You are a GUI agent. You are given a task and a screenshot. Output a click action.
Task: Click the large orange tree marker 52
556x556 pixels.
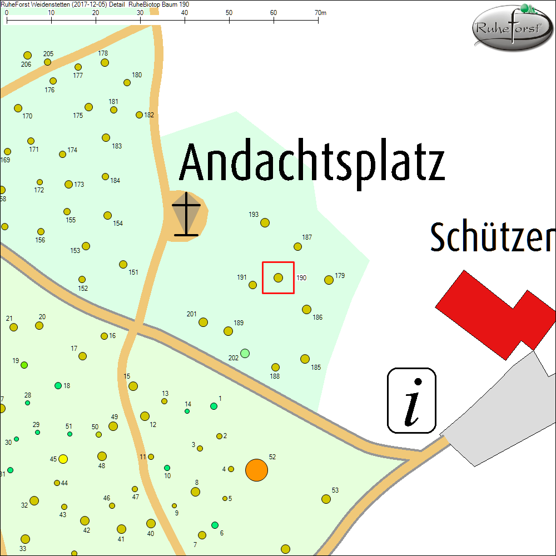(x=256, y=470)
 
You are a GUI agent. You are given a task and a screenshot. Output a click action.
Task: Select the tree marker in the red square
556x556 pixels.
(x=279, y=277)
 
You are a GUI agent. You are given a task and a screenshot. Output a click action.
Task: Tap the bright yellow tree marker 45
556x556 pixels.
(x=63, y=459)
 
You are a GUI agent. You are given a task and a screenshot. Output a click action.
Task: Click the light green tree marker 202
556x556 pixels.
(x=245, y=353)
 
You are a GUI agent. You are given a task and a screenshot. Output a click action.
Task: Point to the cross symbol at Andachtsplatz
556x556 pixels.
(x=186, y=214)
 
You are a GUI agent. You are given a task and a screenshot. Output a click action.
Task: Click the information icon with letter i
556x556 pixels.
(x=411, y=400)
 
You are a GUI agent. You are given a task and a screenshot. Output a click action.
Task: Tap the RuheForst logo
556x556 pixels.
(x=512, y=28)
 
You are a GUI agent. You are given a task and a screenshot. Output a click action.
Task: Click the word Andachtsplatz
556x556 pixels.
(x=312, y=162)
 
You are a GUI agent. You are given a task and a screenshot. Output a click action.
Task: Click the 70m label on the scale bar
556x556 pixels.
(x=320, y=12)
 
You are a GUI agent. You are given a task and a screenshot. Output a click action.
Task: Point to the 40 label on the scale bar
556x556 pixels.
(x=185, y=12)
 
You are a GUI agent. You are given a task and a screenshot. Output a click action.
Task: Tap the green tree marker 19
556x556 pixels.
(x=24, y=365)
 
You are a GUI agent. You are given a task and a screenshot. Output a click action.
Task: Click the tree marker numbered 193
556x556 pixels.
(x=265, y=222)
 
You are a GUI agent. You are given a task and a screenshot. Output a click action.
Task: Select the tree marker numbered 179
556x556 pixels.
(x=329, y=280)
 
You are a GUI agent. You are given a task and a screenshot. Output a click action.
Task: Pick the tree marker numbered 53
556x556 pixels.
(x=326, y=499)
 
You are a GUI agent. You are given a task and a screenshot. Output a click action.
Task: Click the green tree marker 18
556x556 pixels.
(x=58, y=385)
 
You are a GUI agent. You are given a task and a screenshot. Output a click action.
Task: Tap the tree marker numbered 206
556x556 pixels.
(x=27, y=55)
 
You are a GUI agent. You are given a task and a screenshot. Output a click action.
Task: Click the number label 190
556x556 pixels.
(x=301, y=277)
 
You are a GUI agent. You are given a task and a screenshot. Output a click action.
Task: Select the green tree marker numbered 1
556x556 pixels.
(x=214, y=406)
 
